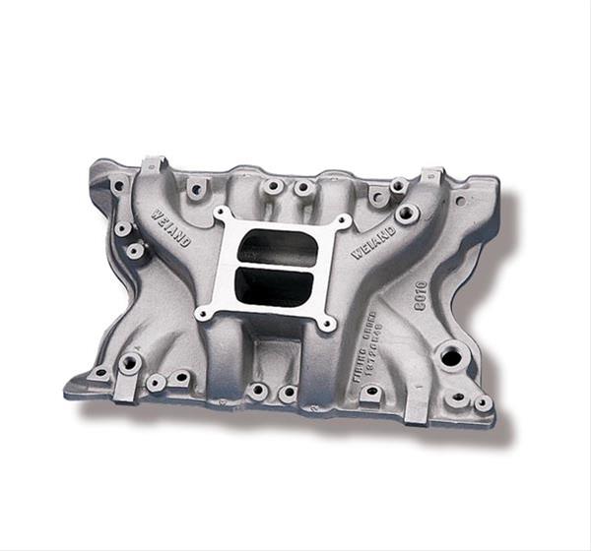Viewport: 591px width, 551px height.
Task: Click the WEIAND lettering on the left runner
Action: click(x=171, y=225)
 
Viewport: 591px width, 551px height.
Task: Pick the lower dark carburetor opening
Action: click(x=270, y=285)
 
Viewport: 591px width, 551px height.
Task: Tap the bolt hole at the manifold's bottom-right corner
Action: click(x=483, y=403)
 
